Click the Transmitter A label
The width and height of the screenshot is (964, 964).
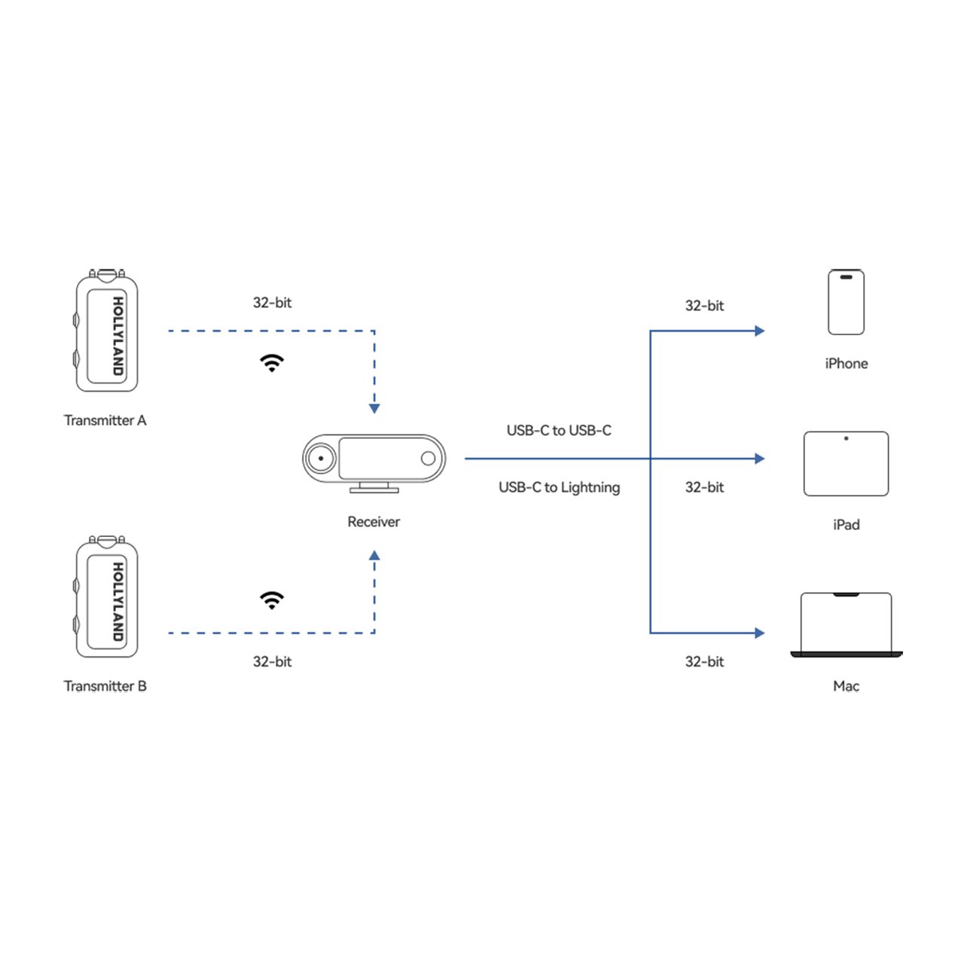(105, 420)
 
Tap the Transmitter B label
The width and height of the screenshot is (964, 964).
(105, 686)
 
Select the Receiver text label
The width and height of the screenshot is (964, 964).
(374, 522)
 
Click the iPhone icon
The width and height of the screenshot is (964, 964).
(846, 302)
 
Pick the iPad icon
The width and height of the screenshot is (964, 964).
(846, 464)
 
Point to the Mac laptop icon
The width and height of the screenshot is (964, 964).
(846, 625)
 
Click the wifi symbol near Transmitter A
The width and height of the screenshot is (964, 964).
(272, 363)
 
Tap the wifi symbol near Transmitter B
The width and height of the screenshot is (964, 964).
(272, 599)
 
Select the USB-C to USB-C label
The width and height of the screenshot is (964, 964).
(559, 430)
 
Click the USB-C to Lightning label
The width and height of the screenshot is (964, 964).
(559, 487)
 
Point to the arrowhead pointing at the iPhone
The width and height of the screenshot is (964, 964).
(759, 331)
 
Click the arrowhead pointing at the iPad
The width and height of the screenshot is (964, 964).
(759, 459)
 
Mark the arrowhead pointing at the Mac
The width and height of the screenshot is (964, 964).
(759, 633)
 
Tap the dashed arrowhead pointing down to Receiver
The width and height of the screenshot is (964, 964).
(374, 409)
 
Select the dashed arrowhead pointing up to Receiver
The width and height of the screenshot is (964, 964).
(374, 555)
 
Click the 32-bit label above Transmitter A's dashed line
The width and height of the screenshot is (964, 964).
(272, 303)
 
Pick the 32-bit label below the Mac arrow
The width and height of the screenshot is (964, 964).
(704, 661)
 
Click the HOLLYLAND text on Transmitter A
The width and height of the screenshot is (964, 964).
(118, 336)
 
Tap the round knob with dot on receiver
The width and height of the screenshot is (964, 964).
(321, 458)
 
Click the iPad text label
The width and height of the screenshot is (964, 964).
(846, 525)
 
